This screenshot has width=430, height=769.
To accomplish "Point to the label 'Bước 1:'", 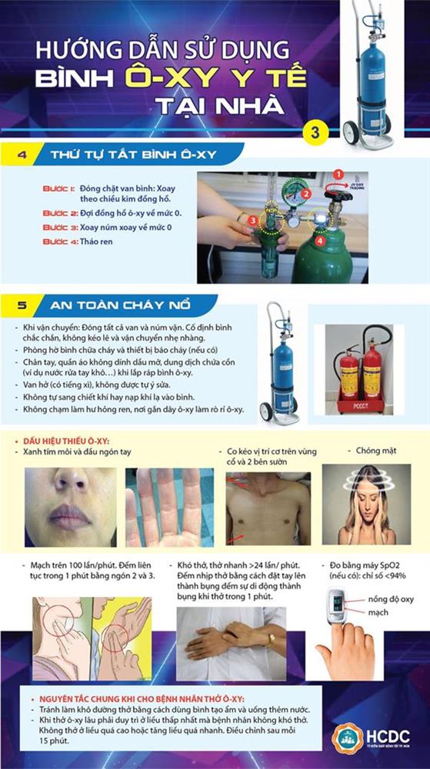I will point(59,188).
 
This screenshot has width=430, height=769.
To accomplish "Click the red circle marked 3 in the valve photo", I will point(255,220).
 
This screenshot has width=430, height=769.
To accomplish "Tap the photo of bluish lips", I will point(69,507).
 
